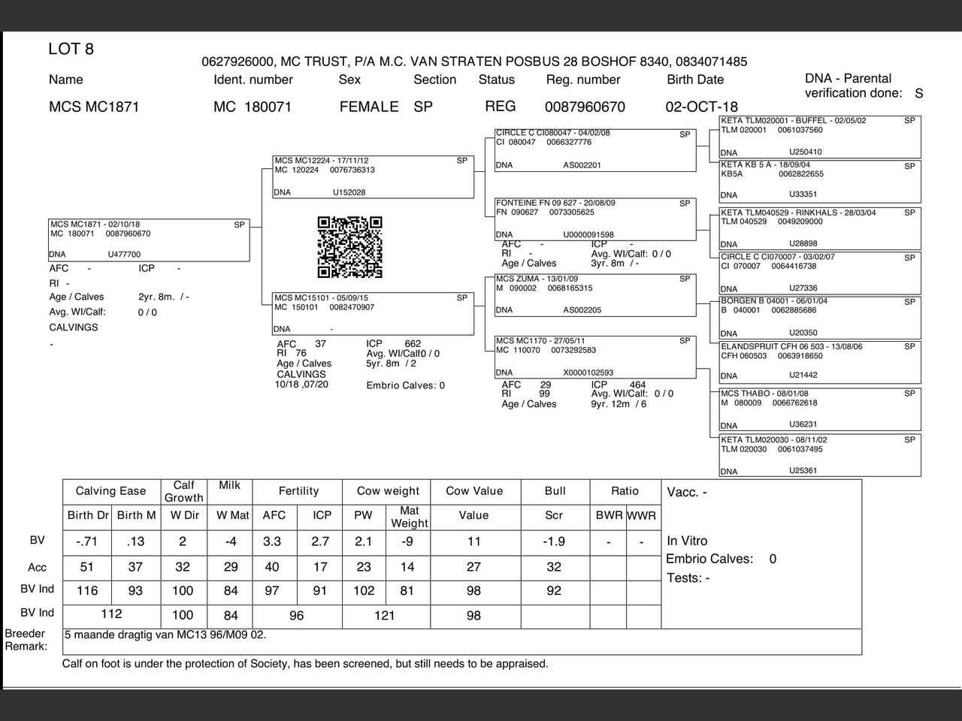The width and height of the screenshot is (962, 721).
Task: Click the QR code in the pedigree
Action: (349, 247)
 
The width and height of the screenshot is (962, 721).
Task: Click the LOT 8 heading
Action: (71, 50)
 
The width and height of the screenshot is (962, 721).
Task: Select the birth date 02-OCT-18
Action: (701, 107)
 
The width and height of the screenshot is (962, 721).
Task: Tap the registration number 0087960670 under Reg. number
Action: (584, 107)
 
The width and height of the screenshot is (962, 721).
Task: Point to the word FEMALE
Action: (368, 107)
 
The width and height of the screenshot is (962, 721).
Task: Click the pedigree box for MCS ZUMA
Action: (595, 295)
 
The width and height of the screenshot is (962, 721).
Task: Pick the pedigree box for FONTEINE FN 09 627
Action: (595, 219)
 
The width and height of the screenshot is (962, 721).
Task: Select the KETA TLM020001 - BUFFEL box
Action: (820, 137)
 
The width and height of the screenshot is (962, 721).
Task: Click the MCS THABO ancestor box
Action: (820, 409)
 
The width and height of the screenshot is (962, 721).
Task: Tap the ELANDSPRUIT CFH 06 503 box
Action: (820, 361)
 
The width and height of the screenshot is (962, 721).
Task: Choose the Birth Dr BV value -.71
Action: (87, 542)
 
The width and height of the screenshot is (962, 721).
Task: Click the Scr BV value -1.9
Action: (554, 542)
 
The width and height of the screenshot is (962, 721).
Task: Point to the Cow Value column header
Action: (473, 491)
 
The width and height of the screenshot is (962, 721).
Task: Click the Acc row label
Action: (37, 568)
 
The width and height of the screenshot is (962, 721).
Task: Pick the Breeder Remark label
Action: (26, 640)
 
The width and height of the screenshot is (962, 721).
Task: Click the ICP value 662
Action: (413, 344)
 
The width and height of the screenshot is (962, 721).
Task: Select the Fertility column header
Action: (298, 491)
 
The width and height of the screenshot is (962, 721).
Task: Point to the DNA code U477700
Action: (124, 255)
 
